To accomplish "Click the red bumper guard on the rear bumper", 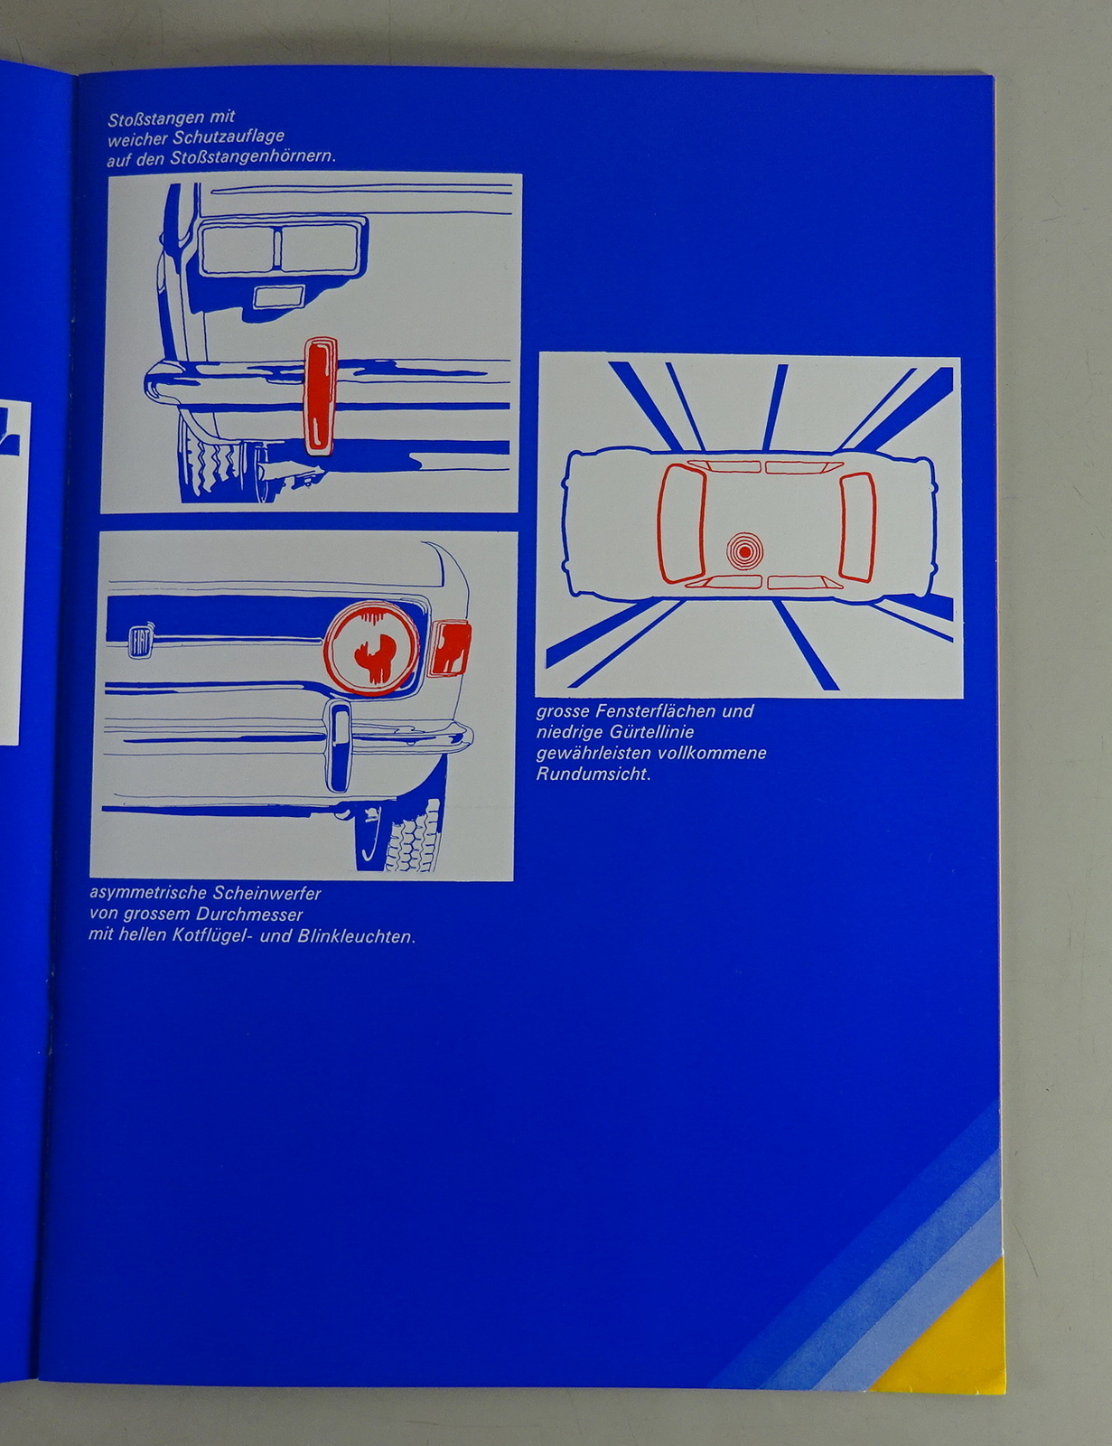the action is (x=320, y=396).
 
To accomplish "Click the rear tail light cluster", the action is (x=281, y=249).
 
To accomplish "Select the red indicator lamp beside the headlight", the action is (x=450, y=647).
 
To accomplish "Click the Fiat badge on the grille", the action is (x=139, y=640).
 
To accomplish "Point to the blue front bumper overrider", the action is (x=339, y=747).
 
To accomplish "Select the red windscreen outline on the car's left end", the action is (x=682, y=523).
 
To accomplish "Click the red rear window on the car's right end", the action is (x=858, y=526).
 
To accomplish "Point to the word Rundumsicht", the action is (x=593, y=775).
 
